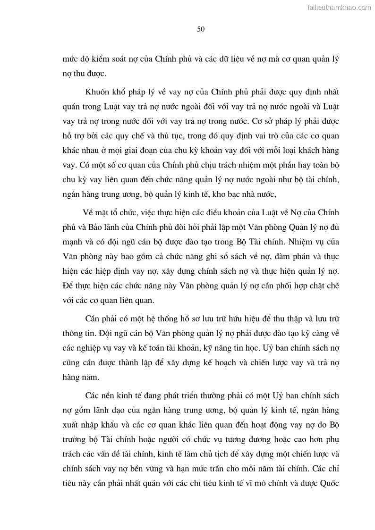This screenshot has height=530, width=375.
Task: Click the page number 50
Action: tap(200, 29)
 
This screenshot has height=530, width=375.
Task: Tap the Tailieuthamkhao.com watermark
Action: tap(339, 7)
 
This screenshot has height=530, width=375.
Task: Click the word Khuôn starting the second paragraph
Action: tap(98, 91)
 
